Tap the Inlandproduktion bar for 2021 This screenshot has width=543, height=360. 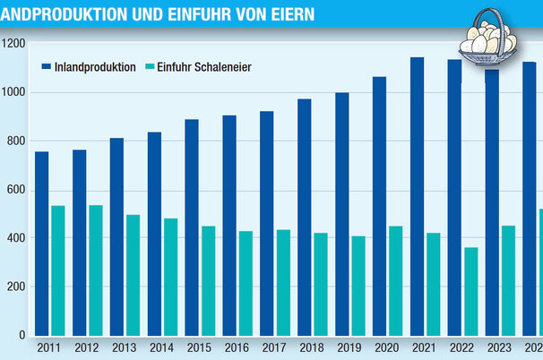(x=417, y=196)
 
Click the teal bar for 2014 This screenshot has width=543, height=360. (x=170, y=277)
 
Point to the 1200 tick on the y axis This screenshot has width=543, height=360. (x=13, y=43)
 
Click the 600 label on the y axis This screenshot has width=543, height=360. (x=13, y=189)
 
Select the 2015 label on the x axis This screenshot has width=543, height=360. (x=200, y=348)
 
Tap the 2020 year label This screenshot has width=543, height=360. (x=387, y=348)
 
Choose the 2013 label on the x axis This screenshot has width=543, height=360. (x=125, y=348)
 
